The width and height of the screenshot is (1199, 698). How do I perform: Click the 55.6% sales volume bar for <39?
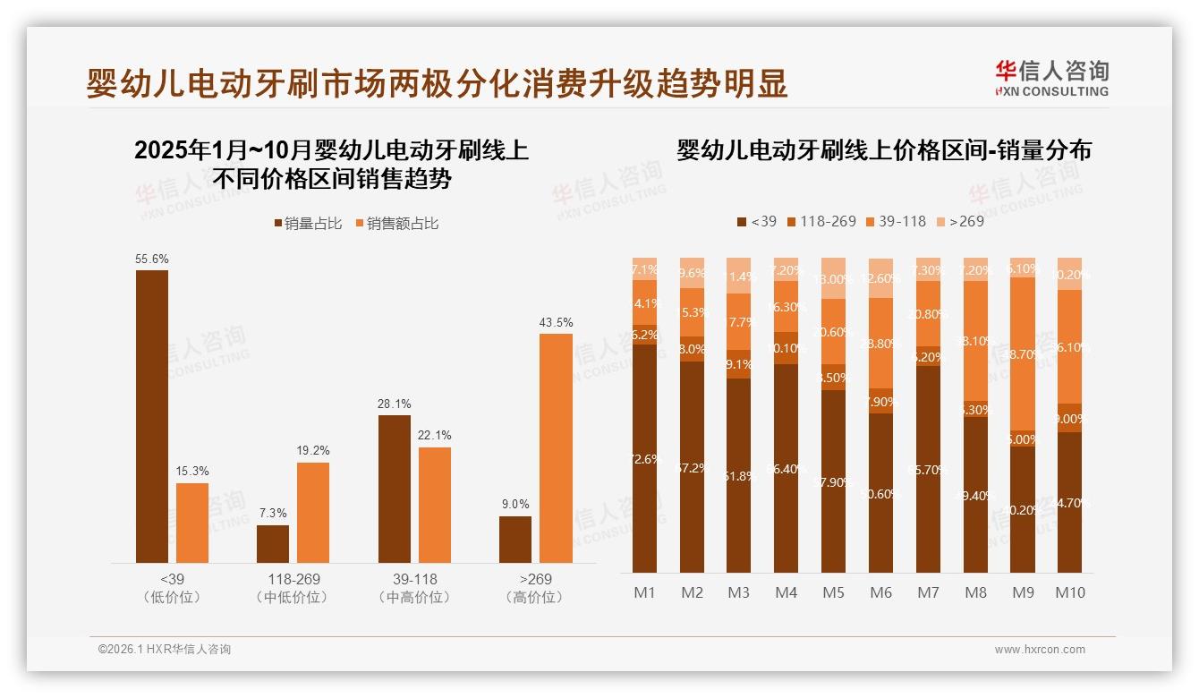[x=152, y=416]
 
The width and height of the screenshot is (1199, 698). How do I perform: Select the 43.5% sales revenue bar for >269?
[x=556, y=447]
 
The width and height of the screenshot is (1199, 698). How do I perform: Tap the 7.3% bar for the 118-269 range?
[x=273, y=544]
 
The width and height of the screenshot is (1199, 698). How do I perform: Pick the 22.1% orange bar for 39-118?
[x=435, y=505]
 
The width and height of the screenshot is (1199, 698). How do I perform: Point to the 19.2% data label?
[x=313, y=451]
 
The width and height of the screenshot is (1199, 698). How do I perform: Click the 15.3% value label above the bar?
[x=192, y=472]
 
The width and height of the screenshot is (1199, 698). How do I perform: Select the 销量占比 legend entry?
[x=307, y=224]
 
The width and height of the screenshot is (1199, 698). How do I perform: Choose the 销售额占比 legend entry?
[x=396, y=224]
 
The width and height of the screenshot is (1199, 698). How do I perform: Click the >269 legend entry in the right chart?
[x=959, y=221]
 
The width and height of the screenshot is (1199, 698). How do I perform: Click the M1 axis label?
[x=644, y=592]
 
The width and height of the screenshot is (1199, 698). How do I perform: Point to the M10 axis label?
[x=1069, y=592]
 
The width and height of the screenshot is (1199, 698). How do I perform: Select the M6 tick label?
[x=880, y=592]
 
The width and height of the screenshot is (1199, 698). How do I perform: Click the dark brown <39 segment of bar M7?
[x=928, y=469]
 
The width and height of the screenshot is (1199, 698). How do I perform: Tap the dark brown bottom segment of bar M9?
[x=1022, y=509]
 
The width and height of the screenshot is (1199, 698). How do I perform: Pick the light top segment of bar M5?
[x=833, y=278]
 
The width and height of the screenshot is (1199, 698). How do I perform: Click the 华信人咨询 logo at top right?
[x=1051, y=78]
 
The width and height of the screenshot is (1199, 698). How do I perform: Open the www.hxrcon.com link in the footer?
[x=1040, y=650]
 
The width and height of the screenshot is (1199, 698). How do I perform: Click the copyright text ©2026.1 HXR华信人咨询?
[x=165, y=650]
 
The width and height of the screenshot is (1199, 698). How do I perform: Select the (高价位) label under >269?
[x=534, y=597]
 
